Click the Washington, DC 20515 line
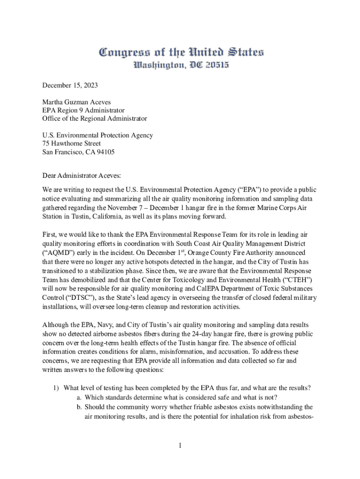tap(180, 65)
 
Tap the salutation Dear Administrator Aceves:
tap(81, 175)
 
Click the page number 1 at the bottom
tap(180, 445)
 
